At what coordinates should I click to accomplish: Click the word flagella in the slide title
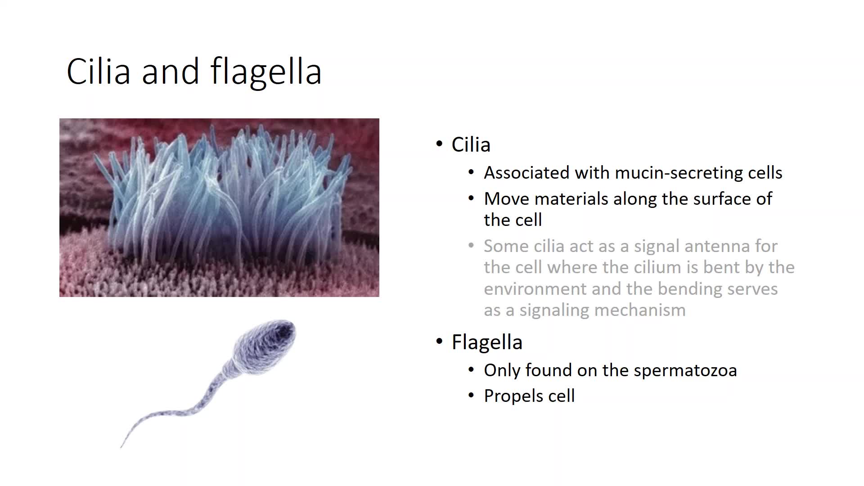pyautogui.click(x=266, y=71)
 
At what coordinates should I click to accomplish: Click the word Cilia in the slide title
pyautogui.click(x=99, y=71)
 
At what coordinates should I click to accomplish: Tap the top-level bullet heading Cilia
pyautogui.click(x=471, y=144)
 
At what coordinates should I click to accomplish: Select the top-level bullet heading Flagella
pyautogui.click(x=487, y=342)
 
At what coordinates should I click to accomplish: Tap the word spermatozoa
pyautogui.click(x=685, y=371)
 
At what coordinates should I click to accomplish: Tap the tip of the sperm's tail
pyautogui.click(x=121, y=447)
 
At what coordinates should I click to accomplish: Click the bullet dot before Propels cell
pyautogui.click(x=471, y=396)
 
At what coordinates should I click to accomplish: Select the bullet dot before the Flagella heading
pyautogui.click(x=440, y=342)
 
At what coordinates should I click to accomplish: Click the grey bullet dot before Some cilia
pyautogui.click(x=471, y=246)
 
